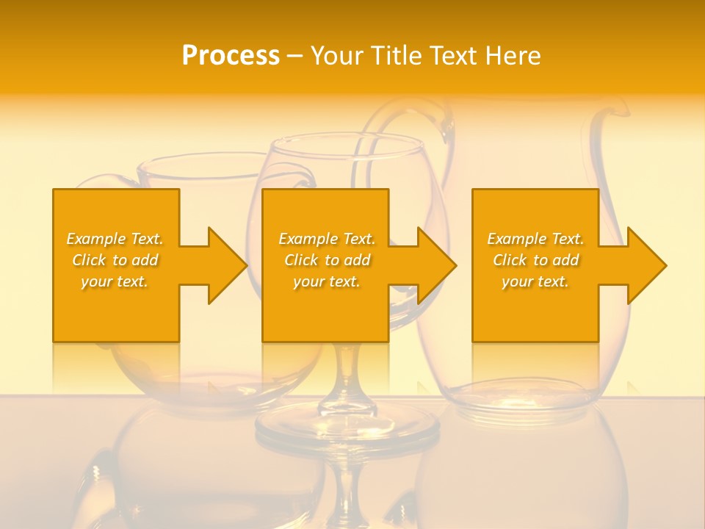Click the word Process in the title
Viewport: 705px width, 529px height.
pyautogui.click(x=231, y=55)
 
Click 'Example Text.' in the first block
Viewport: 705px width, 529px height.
pyautogui.click(x=115, y=239)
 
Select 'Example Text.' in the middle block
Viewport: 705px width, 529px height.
pyautogui.click(x=327, y=239)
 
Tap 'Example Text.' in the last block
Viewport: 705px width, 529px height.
pyautogui.click(x=535, y=239)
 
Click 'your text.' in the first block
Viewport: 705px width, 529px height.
pyautogui.click(x=115, y=281)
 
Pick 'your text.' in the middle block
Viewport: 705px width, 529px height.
pyautogui.click(x=327, y=281)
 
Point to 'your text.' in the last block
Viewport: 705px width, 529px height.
pyautogui.click(x=535, y=281)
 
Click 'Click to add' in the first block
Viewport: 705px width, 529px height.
pyautogui.click(x=115, y=260)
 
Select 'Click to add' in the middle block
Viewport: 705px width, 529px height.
pyautogui.click(x=327, y=260)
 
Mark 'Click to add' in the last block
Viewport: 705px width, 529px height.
pyautogui.click(x=535, y=260)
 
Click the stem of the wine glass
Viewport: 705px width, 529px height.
pyautogui.click(x=347, y=375)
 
